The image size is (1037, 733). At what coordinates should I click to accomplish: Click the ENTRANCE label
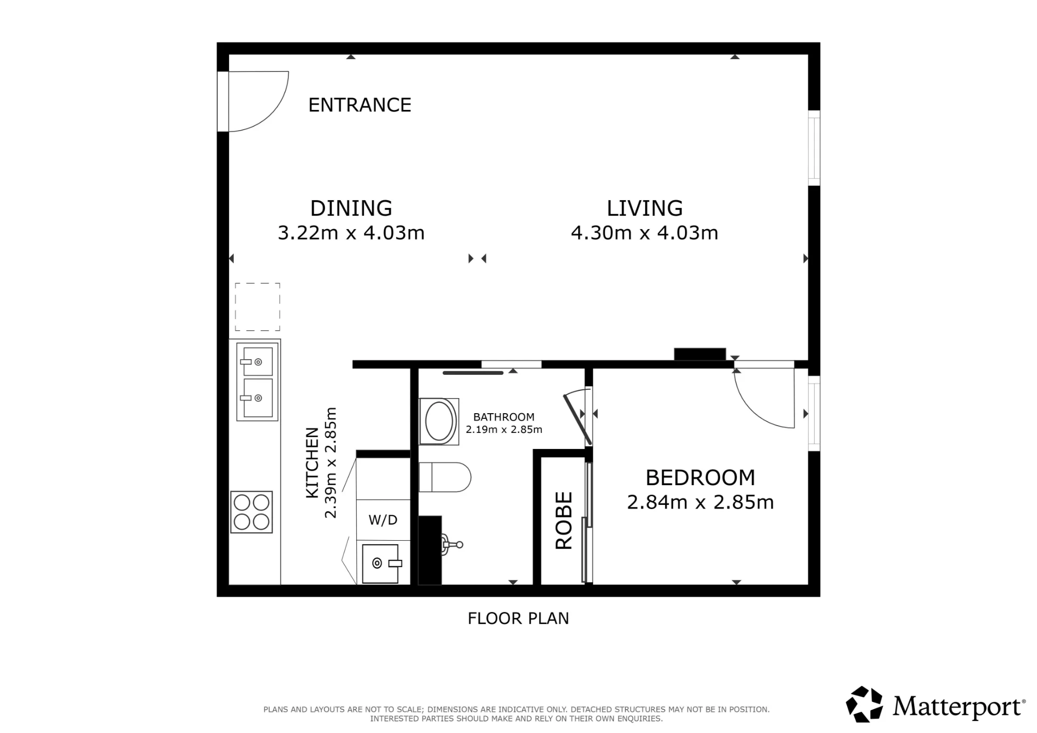point(360,105)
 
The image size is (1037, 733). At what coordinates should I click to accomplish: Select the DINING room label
point(351,208)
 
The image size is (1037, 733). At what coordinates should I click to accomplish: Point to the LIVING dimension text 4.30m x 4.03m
point(644,233)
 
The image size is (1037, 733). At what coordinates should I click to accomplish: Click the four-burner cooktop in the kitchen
point(251,512)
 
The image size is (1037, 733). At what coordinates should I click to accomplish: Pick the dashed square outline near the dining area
point(258,306)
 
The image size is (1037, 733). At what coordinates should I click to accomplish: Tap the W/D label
point(383,520)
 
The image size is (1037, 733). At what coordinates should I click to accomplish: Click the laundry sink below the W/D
point(381,563)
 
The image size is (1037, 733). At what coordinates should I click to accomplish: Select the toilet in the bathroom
point(444,477)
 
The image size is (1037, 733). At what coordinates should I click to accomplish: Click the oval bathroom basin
point(439,421)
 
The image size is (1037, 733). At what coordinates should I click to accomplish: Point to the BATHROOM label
point(504,417)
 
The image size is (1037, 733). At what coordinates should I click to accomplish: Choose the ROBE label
point(564,520)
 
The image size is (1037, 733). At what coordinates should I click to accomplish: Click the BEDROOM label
point(700,477)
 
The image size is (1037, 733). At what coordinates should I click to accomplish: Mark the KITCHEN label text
point(312,463)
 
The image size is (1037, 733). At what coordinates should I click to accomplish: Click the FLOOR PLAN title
point(518,618)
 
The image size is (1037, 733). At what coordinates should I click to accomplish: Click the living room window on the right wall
point(814,148)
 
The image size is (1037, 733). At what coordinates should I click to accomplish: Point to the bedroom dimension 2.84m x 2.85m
point(700,502)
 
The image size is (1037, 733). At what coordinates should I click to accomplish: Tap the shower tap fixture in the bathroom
point(451,544)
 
